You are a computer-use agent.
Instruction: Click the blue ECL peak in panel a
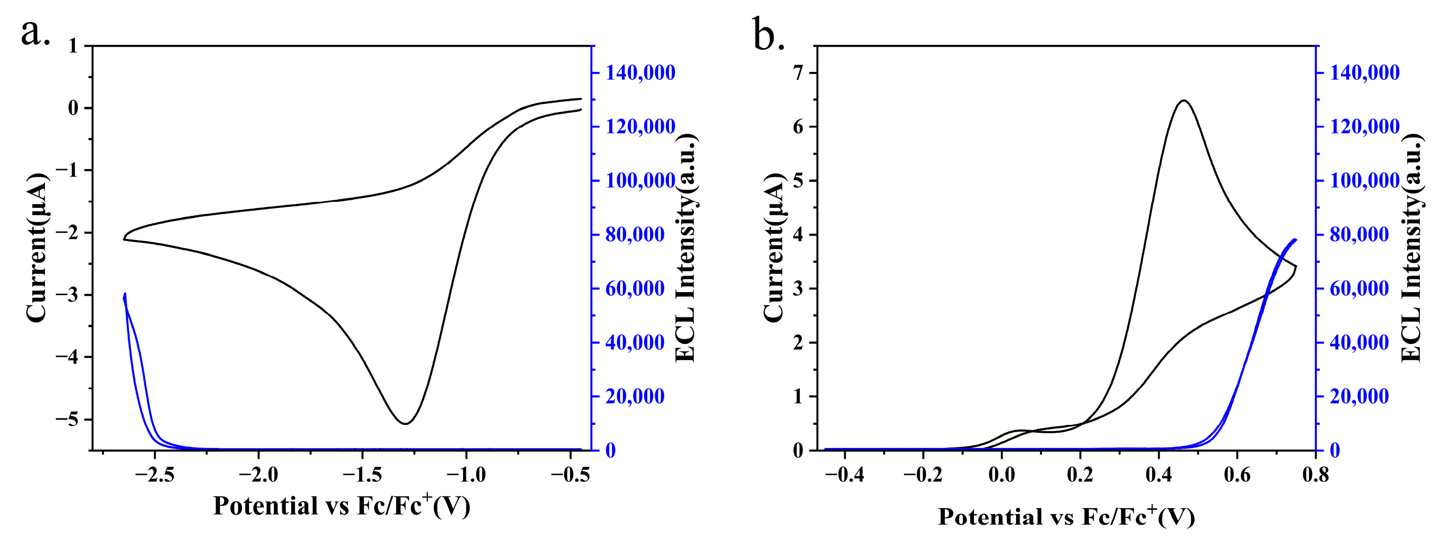125,294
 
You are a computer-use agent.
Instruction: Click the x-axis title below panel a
342,506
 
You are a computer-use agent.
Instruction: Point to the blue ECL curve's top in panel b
1295,240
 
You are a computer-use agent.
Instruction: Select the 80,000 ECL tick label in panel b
1359,235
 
